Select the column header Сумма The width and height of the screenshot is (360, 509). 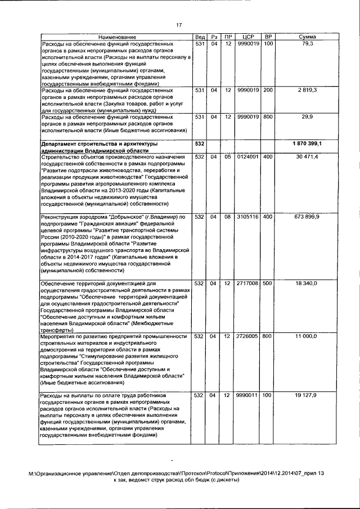point(307,37)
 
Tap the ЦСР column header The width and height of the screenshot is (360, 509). point(247,37)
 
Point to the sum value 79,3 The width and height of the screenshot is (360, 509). point(307,43)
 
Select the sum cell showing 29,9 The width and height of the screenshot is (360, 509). point(307,117)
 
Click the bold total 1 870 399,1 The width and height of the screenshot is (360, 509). point(307,145)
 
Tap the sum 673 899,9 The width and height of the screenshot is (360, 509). point(307,217)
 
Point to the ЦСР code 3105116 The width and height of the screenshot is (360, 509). point(247,217)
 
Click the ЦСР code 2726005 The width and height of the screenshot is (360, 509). point(247,336)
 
